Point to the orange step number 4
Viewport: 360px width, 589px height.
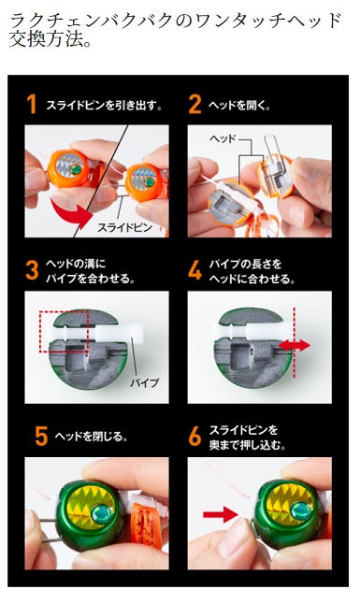[194, 271]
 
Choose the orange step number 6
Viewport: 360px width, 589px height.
[194, 436]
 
